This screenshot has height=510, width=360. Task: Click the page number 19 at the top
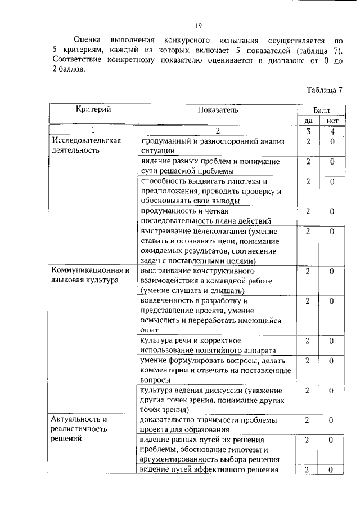point(198,25)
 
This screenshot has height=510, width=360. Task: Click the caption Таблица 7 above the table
point(325,90)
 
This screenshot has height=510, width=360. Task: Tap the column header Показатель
point(218,110)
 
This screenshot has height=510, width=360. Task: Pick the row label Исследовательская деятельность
point(87,145)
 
